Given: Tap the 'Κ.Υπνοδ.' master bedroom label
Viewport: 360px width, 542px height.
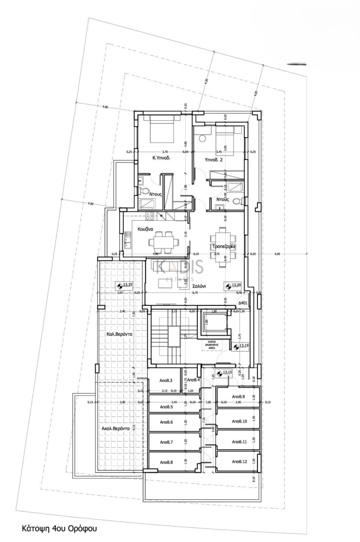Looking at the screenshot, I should click(161, 158).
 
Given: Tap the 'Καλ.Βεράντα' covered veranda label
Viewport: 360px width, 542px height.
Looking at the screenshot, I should click(119, 334).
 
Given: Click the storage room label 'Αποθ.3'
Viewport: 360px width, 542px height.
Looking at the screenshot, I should click(166, 380).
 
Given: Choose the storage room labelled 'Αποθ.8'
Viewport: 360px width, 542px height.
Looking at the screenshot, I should click(166, 462).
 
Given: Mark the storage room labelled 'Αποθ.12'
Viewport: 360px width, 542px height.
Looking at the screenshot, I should click(239, 462).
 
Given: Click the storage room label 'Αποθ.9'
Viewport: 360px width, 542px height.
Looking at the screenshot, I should click(239, 396).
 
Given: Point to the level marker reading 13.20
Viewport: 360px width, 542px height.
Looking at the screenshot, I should click(233, 284).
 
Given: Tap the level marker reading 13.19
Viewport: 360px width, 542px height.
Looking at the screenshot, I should click(240, 346).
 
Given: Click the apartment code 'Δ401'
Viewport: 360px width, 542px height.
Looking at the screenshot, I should click(242, 303).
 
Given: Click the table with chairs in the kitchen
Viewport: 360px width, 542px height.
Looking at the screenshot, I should click(164, 241).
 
